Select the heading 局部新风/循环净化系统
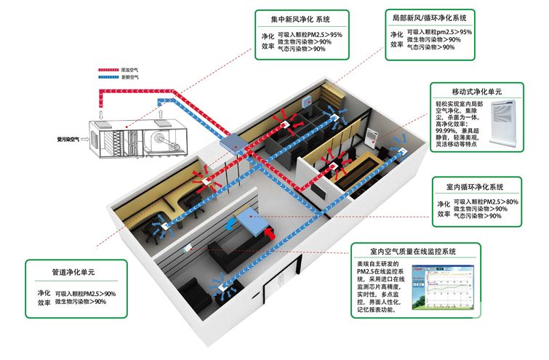[430, 17]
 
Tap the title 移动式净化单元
[476, 92]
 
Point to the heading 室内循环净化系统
[478, 187]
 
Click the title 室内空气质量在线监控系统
[413, 251]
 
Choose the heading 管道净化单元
[73, 271]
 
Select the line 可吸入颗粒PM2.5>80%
[486, 201]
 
